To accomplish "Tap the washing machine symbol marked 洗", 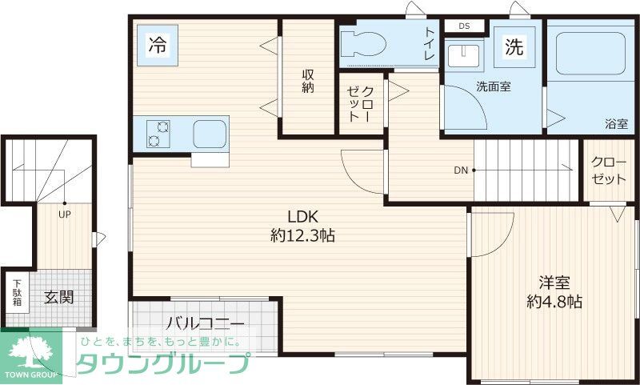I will (513, 47).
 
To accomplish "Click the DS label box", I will (464, 26).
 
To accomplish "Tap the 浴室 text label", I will (615, 124).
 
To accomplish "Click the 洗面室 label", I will (494, 86).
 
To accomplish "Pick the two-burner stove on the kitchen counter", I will (158, 133).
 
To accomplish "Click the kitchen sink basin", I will (210, 134).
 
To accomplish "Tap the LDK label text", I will (304, 216).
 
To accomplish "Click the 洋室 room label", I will (554, 283).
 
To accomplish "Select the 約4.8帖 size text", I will (554, 302).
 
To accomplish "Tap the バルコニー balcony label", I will (205, 324).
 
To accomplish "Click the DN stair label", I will (461, 170).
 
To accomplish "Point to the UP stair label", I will (63, 214).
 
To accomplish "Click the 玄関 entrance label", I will (58, 297).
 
